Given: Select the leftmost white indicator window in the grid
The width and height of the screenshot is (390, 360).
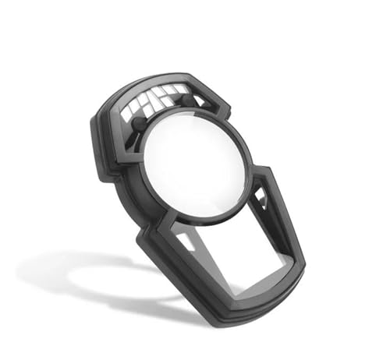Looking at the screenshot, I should point(127,112).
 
